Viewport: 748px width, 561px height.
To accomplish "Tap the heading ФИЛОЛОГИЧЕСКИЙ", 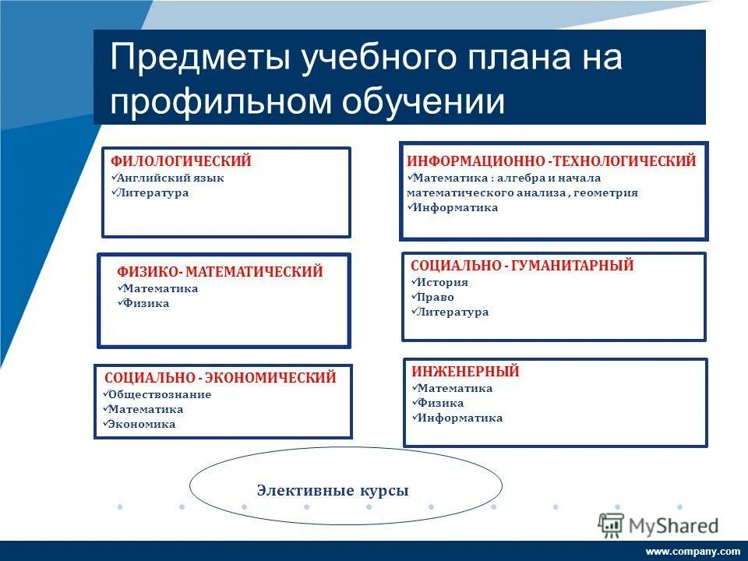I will pos(181,161).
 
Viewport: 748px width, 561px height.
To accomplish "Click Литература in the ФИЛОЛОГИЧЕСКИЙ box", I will pos(153,192).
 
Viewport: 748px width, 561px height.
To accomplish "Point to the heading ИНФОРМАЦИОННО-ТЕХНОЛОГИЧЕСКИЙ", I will pos(551,161).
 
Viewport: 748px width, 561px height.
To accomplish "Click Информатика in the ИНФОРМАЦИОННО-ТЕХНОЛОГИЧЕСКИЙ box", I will pos(456,207).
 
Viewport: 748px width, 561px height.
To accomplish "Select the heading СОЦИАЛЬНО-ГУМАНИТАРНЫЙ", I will pos(521,266).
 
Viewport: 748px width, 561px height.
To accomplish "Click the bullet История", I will pos(443,282).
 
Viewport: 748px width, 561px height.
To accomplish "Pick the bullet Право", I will pos(436,297).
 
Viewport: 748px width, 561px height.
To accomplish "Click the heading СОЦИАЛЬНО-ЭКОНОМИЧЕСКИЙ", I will pos(220,378).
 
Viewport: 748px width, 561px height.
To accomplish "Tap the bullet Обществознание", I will pos(160,394).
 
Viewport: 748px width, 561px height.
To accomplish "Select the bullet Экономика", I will pos(142,424).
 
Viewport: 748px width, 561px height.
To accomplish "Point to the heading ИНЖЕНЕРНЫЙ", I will pos(464,372).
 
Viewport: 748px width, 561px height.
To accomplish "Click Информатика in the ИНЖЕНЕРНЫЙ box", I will pos(460,418).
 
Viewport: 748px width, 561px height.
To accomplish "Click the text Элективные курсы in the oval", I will pos(333,491).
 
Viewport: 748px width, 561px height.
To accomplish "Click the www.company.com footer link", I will pos(693,551).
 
